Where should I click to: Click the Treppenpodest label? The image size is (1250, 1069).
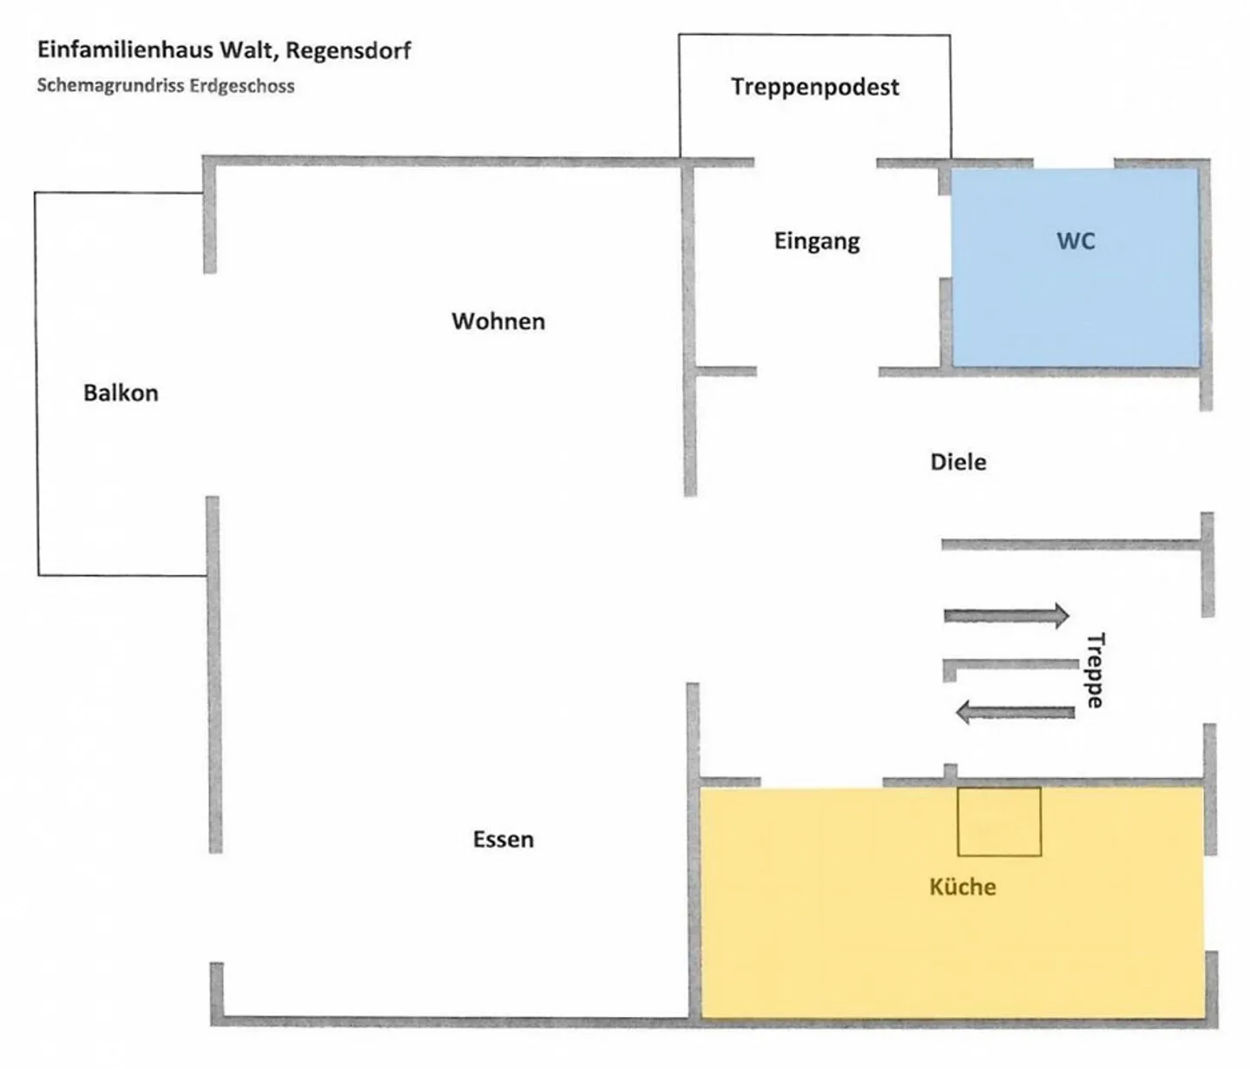pyautogui.click(x=814, y=87)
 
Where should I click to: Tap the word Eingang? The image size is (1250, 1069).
pyautogui.click(x=817, y=241)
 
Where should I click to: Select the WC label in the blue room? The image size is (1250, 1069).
pyautogui.click(x=1076, y=241)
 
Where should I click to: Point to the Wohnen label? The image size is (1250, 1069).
pyautogui.click(x=498, y=321)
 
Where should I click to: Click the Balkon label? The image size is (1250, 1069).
pyautogui.click(x=121, y=393)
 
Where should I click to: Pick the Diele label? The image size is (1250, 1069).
pyautogui.click(x=958, y=462)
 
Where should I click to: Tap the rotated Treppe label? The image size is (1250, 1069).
pyautogui.click(x=1095, y=670)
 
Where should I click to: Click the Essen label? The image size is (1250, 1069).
pyautogui.click(x=503, y=840)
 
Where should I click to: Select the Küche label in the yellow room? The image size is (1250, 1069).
pyautogui.click(x=962, y=887)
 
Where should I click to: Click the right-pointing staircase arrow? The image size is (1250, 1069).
pyautogui.click(x=1006, y=616)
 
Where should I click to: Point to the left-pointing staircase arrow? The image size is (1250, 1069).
pyautogui.click(x=1015, y=713)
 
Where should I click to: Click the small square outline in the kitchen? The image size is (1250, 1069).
pyautogui.click(x=999, y=822)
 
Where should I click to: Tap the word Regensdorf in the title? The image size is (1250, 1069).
pyautogui.click(x=348, y=50)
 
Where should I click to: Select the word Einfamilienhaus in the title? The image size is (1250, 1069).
pyautogui.click(x=125, y=49)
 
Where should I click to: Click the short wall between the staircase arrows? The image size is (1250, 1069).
pyautogui.click(x=1009, y=665)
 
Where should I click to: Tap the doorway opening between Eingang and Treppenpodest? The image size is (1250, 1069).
pyautogui.click(x=815, y=162)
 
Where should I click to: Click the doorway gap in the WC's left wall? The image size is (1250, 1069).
pyautogui.click(x=945, y=237)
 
